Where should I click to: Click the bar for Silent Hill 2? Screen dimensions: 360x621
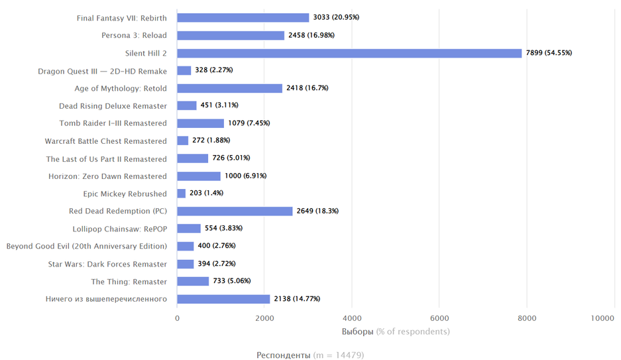tap(349, 53)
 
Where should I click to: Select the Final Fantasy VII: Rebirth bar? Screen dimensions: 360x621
tap(243, 18)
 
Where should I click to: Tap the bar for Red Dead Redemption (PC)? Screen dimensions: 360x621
tap(235, 211)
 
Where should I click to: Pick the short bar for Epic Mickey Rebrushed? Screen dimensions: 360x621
tap(182, 194)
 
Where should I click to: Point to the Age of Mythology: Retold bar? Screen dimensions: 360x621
tap(230, 88)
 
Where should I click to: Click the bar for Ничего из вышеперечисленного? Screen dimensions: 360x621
tap(223, 299)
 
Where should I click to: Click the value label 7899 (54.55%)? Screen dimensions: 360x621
tap(549, 53)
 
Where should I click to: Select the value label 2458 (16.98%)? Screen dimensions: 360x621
tap(311, 35)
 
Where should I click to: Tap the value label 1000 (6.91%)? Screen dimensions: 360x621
tap(248, 176)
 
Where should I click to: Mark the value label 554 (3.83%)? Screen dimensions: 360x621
tap(227, 228)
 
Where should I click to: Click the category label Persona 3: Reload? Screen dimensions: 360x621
tap(134, 35)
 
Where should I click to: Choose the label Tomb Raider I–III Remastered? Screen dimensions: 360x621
tap(113, 123)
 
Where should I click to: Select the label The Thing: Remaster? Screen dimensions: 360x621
tap(129, 282)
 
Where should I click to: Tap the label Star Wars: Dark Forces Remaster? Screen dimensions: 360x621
tap(107, 264)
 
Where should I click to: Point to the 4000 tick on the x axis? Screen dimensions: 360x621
tap(352, 318)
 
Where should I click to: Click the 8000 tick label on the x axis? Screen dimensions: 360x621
tap(527, 318)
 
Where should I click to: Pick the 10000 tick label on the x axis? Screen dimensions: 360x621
tap(603, 318)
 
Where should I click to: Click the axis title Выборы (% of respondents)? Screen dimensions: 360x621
tap(396, 331)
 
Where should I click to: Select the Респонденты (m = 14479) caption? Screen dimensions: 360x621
tap(310, 355)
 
